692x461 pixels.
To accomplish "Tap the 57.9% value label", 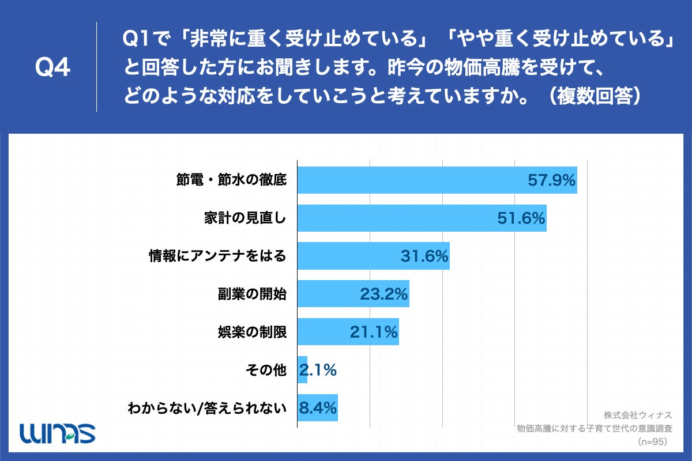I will [552, 180].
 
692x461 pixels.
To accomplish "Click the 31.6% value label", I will [424, 256].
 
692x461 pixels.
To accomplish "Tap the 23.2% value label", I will [384, 294].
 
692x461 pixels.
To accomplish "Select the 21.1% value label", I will [374, 332].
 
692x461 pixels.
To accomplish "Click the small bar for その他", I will [302, 370].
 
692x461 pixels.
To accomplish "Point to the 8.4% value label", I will [317, 408].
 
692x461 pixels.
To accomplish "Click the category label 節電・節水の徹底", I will [231, 180].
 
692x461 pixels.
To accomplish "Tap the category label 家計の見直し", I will [245, 218].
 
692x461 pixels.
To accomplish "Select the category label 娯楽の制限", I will [251, 332].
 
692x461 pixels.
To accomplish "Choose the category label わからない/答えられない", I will [207, 408].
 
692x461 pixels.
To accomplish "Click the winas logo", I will [57, 432].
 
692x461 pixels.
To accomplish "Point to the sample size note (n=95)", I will [652, 441].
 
